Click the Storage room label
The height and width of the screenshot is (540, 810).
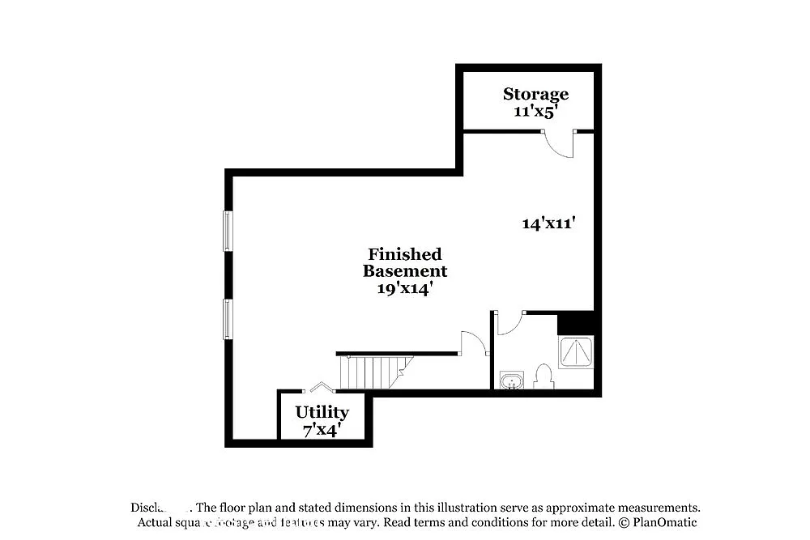(535, 94)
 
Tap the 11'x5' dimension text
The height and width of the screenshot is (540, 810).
(535, 112)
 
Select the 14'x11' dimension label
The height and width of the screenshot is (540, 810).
(548, 223)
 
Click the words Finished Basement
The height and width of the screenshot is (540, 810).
(404, 262)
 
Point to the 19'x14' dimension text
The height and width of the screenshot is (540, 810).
(404, 288)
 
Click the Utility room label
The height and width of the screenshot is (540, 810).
(322, 413)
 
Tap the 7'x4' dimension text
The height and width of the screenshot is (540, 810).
(322, 430)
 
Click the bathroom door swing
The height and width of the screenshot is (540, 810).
(508, 323)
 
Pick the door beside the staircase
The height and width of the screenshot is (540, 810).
(472, 343)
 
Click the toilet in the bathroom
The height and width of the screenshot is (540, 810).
(543, 376)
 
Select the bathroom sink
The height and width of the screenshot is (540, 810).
(511, 380)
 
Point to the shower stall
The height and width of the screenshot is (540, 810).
(577, 351)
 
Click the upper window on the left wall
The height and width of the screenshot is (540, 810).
(228, 231)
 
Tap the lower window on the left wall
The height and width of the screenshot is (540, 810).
(228, 318)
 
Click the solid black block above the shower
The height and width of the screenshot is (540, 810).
(577, 322)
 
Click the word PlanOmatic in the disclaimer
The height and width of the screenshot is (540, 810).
(664, 522)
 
